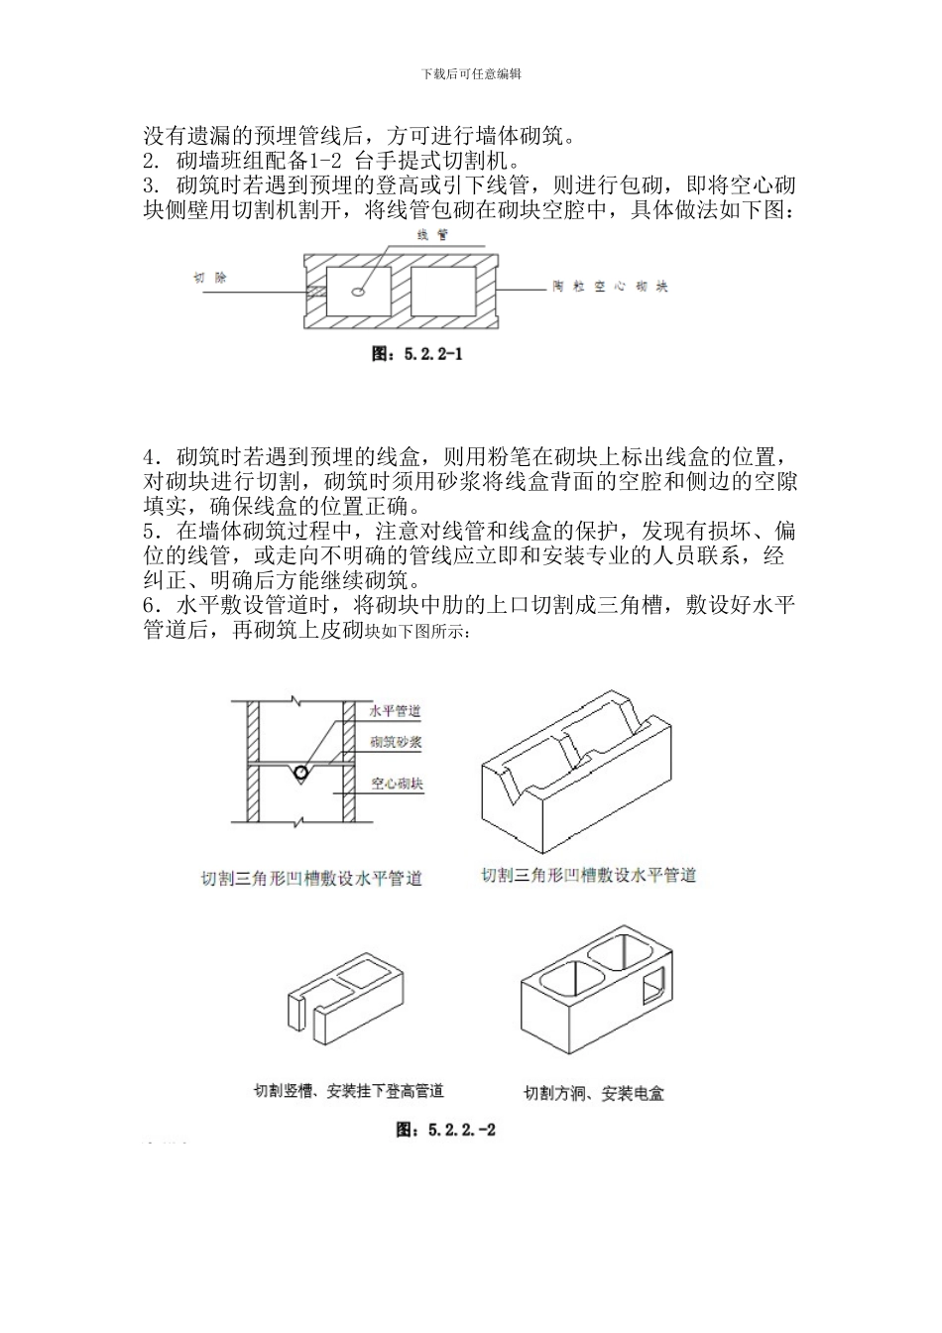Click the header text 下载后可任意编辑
(471, 73)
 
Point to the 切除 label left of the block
(209, 279)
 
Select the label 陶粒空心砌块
(610, 287)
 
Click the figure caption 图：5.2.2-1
(416, 353)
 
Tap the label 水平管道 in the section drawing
(395, 711)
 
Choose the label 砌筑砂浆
(396, 742)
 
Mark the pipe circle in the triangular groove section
(299, 771)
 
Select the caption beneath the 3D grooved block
(588, 875)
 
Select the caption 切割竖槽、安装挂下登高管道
(348, 1091)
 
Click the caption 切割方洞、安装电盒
(593, 1094)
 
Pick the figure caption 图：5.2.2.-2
(445, 1130)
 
